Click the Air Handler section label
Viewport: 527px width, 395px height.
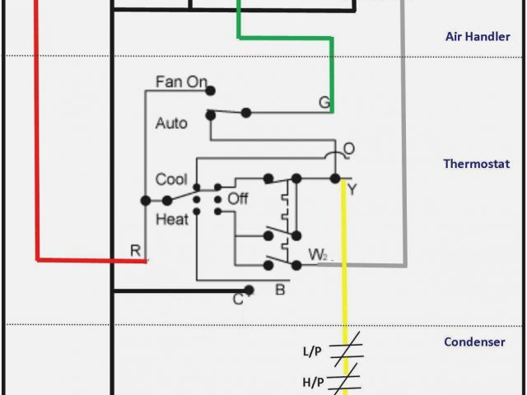coord(472,36)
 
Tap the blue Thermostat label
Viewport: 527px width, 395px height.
coord(477,164)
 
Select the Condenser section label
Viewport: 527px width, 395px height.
coord(474,342)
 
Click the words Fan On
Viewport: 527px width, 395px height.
coord(180,82)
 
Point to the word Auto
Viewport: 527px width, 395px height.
coord(171,123)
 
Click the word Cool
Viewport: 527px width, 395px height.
coord(171,179)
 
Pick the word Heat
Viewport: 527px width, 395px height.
coord(171,220)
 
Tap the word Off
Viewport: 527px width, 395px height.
coord(238,199)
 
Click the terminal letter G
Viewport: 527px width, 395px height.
coord(324,102)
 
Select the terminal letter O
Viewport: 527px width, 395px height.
coord(349,149)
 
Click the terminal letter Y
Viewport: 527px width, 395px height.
coord(352,190)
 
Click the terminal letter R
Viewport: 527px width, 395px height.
coord(135,250)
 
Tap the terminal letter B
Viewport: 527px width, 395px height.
coord(280,289)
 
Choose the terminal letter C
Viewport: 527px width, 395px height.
coord(237,299)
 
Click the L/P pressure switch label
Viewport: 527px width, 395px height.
coord(312,351)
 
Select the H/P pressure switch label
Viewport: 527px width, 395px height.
coord(312,381)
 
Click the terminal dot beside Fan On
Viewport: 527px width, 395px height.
coord(212,91)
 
